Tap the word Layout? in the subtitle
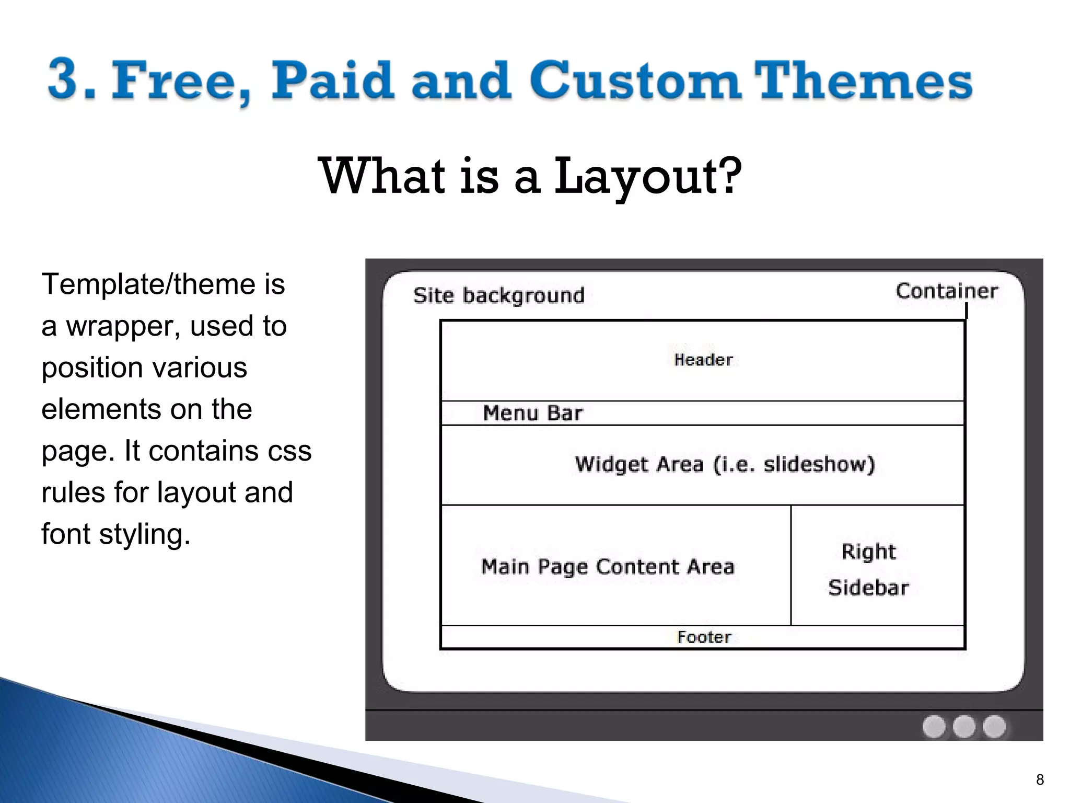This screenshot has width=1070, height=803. pos(647,177)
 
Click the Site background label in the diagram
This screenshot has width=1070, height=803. pos(498,295)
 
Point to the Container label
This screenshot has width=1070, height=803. pos(946,291)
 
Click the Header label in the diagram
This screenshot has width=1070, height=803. pos(703,360)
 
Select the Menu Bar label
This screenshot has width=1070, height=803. pos(532,413)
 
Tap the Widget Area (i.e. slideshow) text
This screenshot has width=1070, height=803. pos(724,464)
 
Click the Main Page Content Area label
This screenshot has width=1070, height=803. pos(607,567)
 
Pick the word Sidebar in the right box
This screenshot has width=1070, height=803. pos(868,588)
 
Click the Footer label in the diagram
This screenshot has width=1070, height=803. pos(704,637)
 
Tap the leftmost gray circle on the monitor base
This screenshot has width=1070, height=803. pos(934,726)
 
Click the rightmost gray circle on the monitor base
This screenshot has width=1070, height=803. pos(994,726)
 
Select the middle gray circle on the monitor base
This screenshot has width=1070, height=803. pos(964,726)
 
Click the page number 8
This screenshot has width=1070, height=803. pos(1040,780)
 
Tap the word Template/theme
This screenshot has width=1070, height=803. pos(149,284)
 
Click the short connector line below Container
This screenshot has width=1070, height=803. pos(966,311)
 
